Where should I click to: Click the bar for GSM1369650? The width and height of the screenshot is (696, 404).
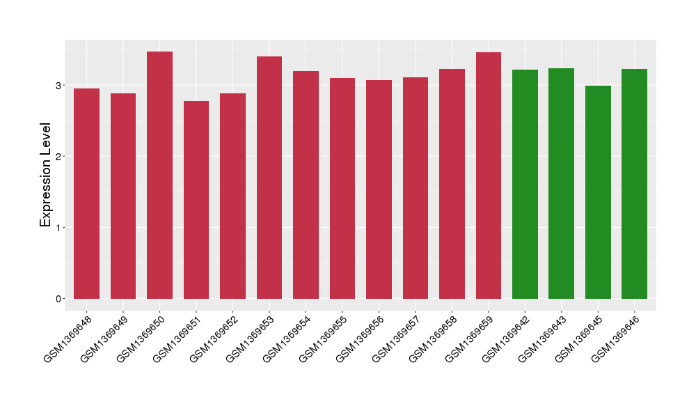click(159, 175)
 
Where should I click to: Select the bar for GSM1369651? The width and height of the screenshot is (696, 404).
click(196, 200)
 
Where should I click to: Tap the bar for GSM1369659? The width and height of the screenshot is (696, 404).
click(489, 176)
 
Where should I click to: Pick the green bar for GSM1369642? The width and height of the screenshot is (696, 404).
click(525, 184)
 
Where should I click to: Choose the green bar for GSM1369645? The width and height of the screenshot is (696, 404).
click(598, 192)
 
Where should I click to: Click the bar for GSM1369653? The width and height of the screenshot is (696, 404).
click(269, 178)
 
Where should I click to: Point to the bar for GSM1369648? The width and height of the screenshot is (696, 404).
click(86, 194)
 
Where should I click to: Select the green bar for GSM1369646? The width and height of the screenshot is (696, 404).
click(634, 184)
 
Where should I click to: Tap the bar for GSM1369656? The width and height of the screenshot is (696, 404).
click(379, 189)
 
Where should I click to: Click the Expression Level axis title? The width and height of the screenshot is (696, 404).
click(46, 175)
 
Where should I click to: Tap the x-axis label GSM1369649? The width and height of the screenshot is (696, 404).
click(104, 338)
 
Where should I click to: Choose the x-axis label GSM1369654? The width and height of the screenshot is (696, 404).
click(286, 338)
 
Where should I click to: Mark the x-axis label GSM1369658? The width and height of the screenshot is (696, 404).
click(432, 338)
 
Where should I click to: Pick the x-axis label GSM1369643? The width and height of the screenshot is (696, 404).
click(541, 338)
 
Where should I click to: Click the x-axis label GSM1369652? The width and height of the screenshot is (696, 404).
click(213, 338)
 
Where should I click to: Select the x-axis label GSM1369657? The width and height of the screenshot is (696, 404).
click(395, 338)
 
